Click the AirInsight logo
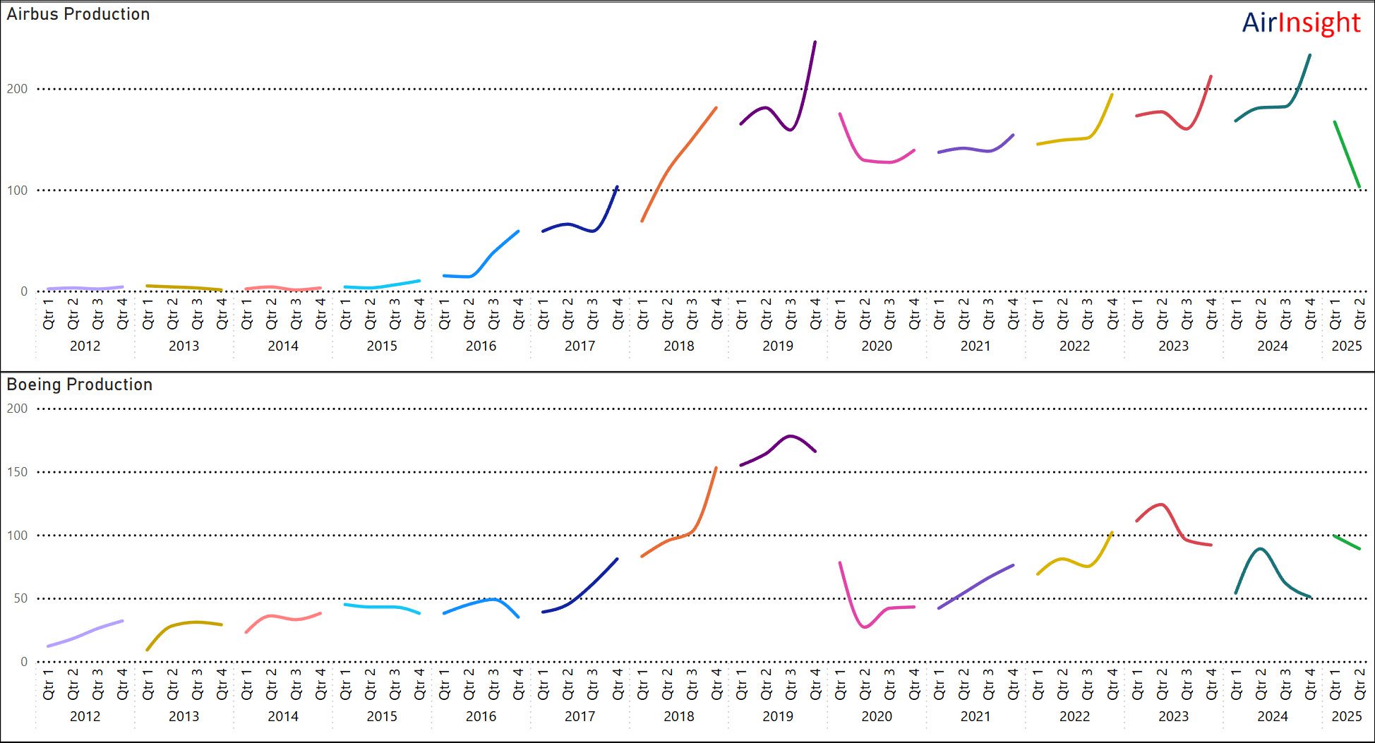pos(1300,23)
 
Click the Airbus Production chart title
pos(78,14)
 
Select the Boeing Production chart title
pos(80,385)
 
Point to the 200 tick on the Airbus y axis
pos(17,89)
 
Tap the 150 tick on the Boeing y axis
pos(17,472)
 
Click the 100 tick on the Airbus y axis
pos(17,191)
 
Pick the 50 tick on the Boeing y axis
pos(20,598)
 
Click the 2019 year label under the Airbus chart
pos(778,346)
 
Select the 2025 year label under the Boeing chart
pos(1346,716)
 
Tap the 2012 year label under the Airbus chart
pos(85,346)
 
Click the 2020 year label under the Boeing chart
pos(877,716)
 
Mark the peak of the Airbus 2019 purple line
pos(815,42)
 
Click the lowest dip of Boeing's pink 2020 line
pos(865,627)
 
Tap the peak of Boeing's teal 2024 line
pos(1261,549)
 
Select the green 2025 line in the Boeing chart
pos(1347,543)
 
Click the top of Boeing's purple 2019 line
pos(790,436)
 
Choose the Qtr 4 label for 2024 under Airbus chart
pos(1310,313)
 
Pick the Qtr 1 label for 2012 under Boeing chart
pos(48,684)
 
